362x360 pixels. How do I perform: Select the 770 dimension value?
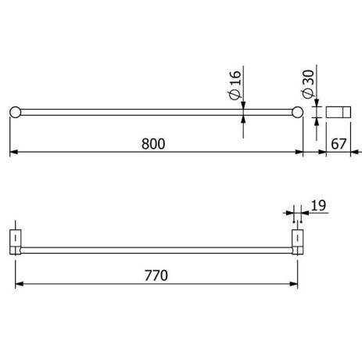tap(156, 275)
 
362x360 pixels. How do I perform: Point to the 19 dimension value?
tap(317, 206)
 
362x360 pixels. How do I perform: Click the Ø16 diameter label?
tap(235, 88)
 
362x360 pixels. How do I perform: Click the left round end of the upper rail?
tap(15, 112)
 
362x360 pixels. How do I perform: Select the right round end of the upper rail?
tap(297, 112)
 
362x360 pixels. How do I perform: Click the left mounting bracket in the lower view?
tap(15, 241)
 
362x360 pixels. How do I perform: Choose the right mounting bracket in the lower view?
tap(298, 241)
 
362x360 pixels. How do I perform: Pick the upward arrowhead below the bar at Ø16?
tap(244, 119)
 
